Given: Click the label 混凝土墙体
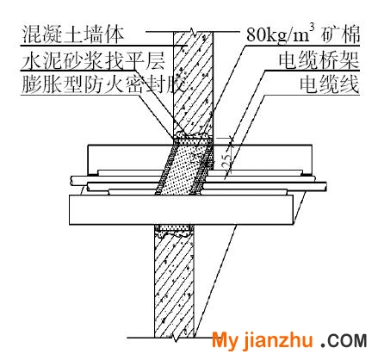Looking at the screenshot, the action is pyautogui.click(x=72, y=34).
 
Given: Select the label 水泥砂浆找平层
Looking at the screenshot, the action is pyautogui.click(x=93, y=61).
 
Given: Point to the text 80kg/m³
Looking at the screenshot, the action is pyautogui.click(x=281, y=34).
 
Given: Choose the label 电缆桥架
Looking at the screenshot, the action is pyautogui.click(x=319, y=60).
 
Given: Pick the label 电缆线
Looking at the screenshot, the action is pyautogui.click(x=330, y=84).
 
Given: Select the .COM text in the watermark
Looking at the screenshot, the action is pyautogui.click(x=344, y=341).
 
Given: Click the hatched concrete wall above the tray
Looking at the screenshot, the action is pyautogui.click(x=193, y=83).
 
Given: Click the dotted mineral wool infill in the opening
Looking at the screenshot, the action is pyautogui.click(x=183, y=170).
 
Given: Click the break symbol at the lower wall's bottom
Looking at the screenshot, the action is pyautogui.click(x=175, y=338).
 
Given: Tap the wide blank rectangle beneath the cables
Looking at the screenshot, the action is pyautogui.click(x=181, y=210).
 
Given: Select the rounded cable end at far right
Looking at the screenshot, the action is pyautogui.click(x=325, y=186).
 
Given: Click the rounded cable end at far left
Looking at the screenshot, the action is pyautogui.click(x=72, y=181).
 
